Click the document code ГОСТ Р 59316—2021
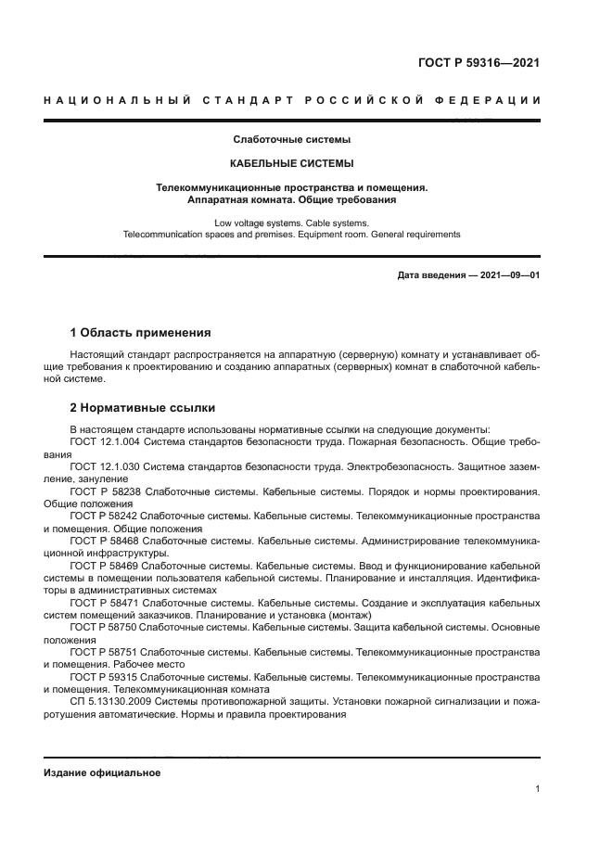click(x=479, y=63)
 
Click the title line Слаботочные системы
click(x=291, y=140)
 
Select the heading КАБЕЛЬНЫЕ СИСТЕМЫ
click(x=291, y=163)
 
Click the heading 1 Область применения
click(x=140, y=332)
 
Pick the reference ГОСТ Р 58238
click(x=105, y=491)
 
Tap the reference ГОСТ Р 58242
click(x=105, y=515)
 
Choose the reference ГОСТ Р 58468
click(x=105, y=540)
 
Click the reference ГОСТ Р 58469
click(x=105, y=564)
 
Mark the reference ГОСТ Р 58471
click(x=105, y=601)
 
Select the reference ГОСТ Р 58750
click(x=105, y=626)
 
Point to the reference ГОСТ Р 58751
click(x=105, y=651)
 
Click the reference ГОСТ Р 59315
click(x=105, y=676)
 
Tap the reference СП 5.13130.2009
click(x=104, y=701)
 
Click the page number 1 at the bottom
click(x=537, y=788)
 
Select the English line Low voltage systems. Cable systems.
click(x=291, y=223)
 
